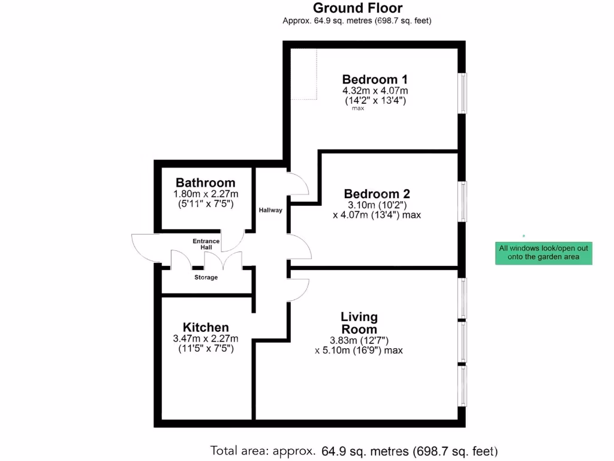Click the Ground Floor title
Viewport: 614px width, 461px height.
[x=357, y=8]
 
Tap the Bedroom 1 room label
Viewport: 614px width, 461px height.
[x=375, y=79]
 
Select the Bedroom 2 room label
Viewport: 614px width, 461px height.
[x=377, y=194]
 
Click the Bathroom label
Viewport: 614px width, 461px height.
[x=205, y=183]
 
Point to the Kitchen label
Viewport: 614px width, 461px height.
[x=206, y=327]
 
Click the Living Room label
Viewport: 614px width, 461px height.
[x=359, y=322]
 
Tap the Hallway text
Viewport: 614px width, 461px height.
[x=270, y=210]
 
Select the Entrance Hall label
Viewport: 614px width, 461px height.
[x=206, y=244]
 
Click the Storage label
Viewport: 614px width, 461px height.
[x=206, y=277]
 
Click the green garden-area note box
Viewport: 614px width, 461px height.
[x=543, y=252]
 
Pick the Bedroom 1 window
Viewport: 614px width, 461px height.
[x=462, y=92]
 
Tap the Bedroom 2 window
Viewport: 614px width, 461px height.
[x=462, y=201]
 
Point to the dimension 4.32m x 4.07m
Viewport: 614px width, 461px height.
[x=375, y=91]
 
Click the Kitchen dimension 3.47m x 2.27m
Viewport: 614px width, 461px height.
[x=206, y=339]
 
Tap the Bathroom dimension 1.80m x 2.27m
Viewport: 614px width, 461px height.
[x=206, y=194]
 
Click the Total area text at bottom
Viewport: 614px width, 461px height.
[x=354, y=451]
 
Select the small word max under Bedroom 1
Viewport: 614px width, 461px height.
[x=358, y=109]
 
